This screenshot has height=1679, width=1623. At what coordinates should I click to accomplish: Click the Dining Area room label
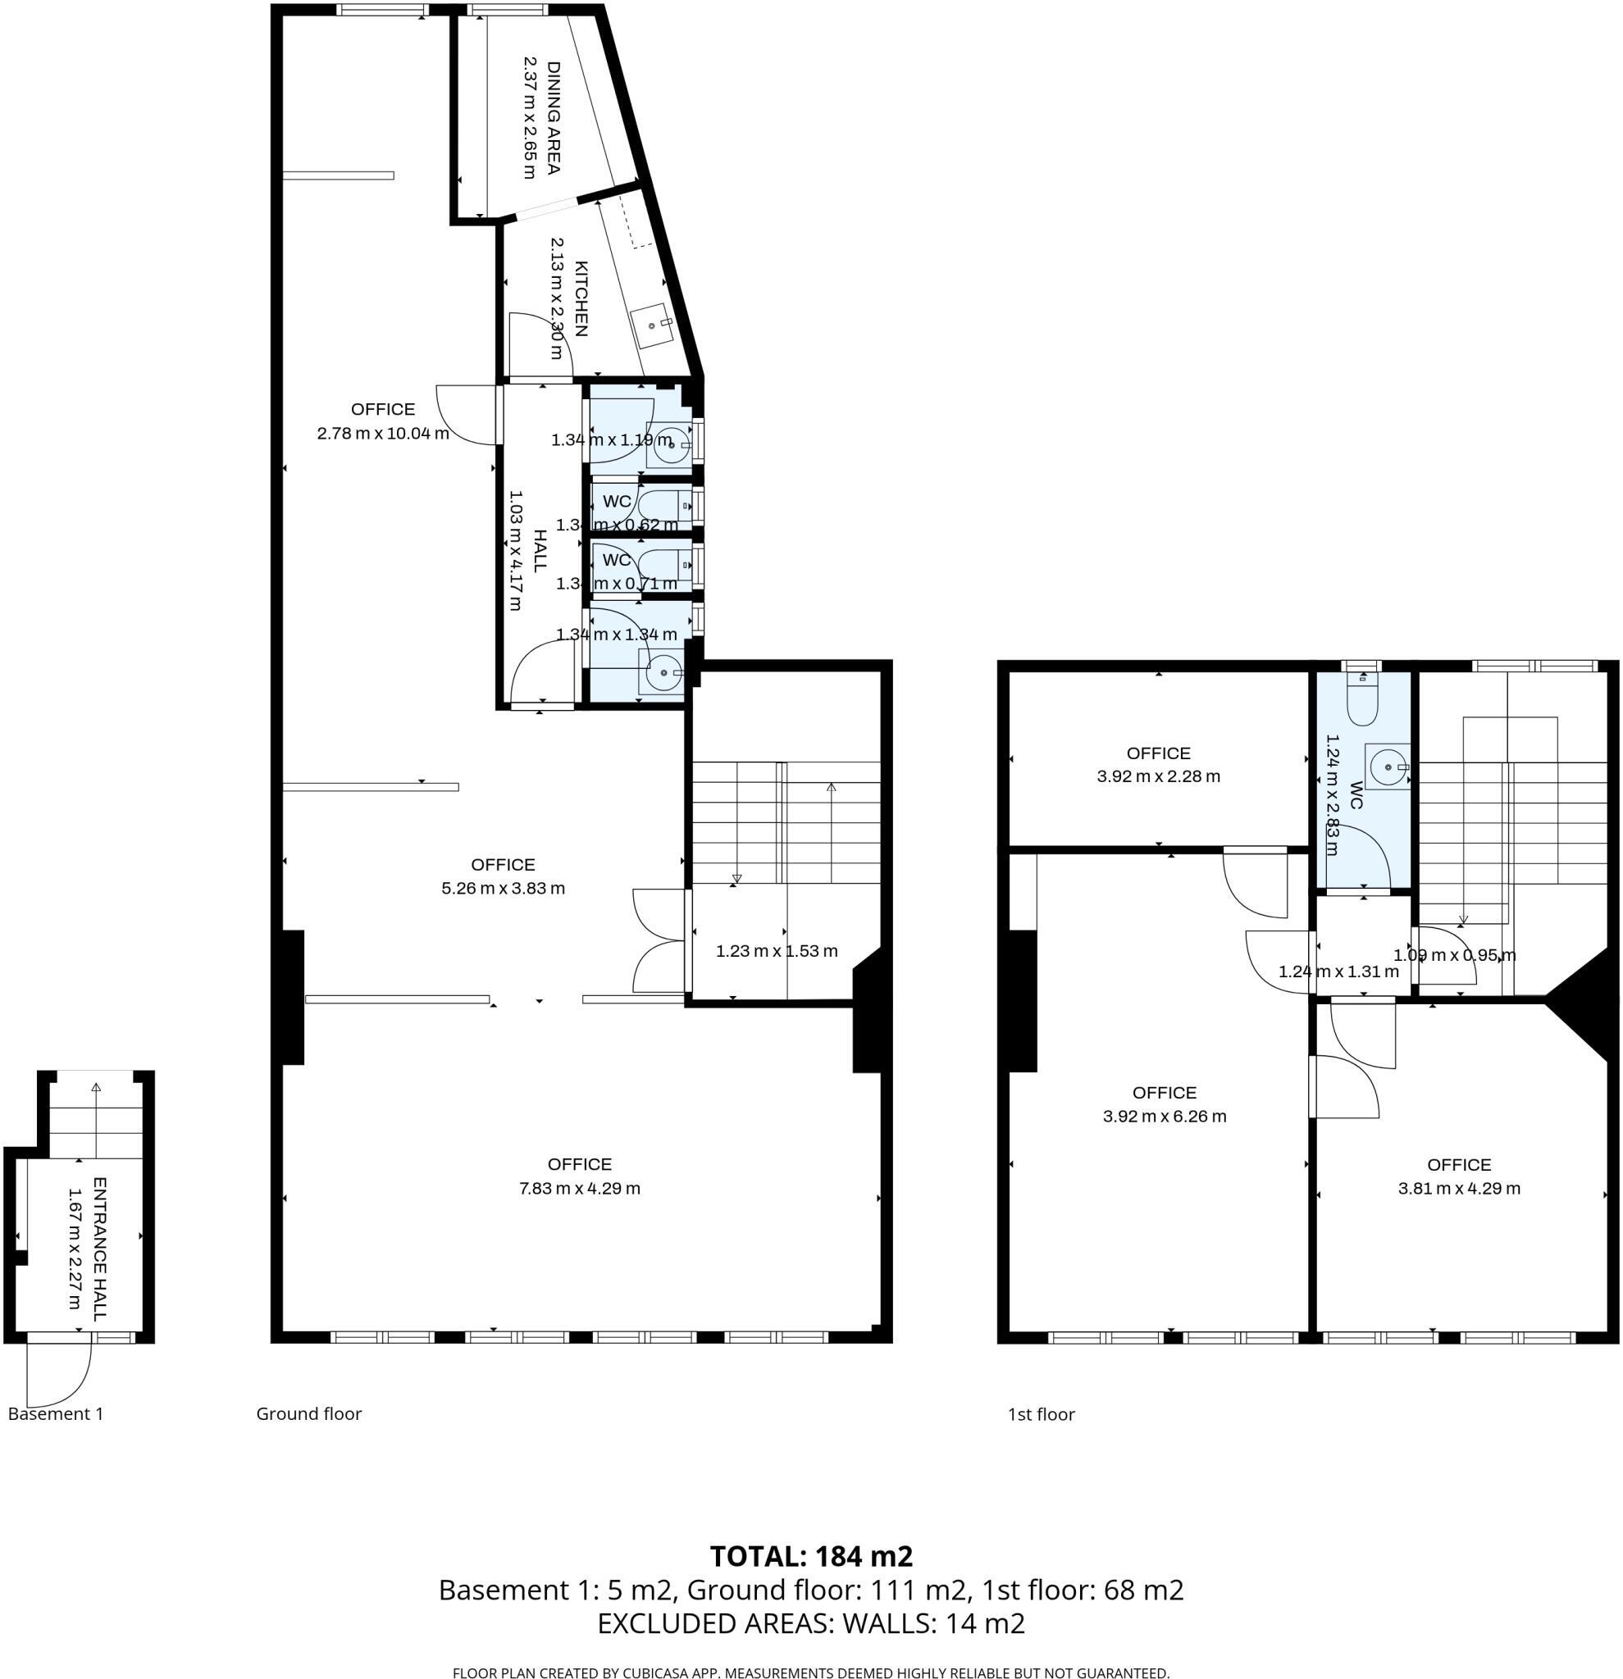pos(553,117)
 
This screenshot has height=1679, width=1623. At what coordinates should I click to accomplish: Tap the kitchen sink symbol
pos(653,325)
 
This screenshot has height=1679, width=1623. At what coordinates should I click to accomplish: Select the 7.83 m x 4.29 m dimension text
pos(579,1187)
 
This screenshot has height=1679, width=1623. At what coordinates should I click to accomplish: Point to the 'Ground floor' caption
pos(308,1413)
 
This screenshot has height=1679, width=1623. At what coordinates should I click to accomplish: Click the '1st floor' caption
pos(1040,1414)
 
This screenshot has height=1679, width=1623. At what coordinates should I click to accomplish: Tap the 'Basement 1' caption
pos(56,1413)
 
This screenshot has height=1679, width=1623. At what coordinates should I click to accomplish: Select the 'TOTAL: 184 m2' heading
pos(810,1554)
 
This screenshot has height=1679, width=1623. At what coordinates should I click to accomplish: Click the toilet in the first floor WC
pos(1361,702)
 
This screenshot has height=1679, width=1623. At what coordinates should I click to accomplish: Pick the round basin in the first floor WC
pos(1387,766)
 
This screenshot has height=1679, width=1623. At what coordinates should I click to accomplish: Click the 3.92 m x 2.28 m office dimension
pos(1158,776)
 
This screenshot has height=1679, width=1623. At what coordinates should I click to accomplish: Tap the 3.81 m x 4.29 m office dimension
pos(1458,1187)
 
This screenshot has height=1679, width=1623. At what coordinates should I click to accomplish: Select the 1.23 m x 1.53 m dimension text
pos(777,950)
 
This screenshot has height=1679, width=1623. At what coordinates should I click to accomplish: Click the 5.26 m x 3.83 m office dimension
pos(502,888)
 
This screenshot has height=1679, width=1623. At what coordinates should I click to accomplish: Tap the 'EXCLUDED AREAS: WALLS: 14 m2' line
pos(810,1622)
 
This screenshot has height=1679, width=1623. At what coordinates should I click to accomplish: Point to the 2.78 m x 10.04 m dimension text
pos(383,433)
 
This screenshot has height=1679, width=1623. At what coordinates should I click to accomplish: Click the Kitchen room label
pos(580,298)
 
